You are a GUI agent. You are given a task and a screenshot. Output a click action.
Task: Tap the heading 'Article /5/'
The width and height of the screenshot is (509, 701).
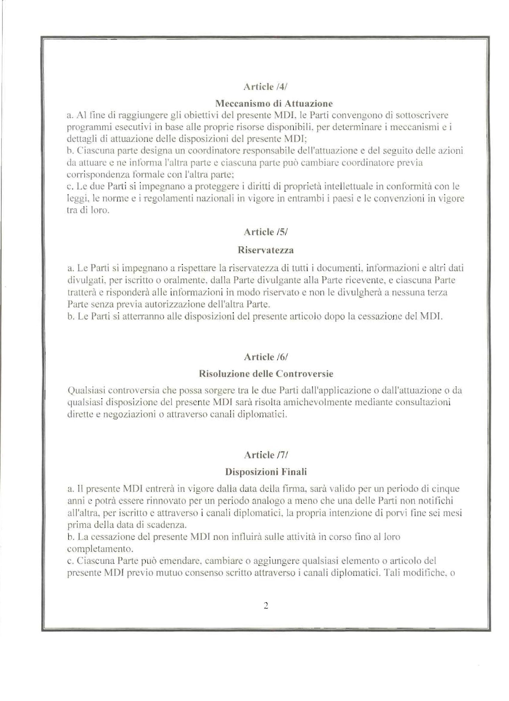pyautogui.click(x=265, y=232)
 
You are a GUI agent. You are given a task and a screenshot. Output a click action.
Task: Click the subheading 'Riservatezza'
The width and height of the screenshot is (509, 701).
pyautogui.click(x=265, y=250)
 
